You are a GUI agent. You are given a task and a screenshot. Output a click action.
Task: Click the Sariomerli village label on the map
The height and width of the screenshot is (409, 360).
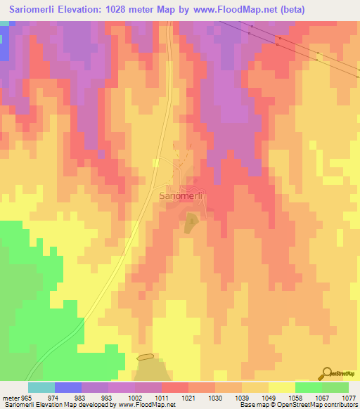(181, 196)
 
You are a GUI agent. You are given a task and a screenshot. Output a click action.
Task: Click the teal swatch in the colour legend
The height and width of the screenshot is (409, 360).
(41, 387)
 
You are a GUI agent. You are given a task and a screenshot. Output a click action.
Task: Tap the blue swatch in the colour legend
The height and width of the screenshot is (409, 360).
(68, 387)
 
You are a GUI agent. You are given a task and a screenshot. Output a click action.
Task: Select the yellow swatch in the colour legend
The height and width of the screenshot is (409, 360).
(282, 387)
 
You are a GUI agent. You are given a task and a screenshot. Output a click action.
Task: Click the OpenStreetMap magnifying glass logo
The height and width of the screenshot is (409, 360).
(326, 373)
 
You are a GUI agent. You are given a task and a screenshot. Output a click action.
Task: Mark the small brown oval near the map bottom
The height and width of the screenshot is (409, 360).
(145, 357)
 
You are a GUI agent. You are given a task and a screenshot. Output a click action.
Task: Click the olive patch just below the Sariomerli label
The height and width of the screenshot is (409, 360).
(191, 224)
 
